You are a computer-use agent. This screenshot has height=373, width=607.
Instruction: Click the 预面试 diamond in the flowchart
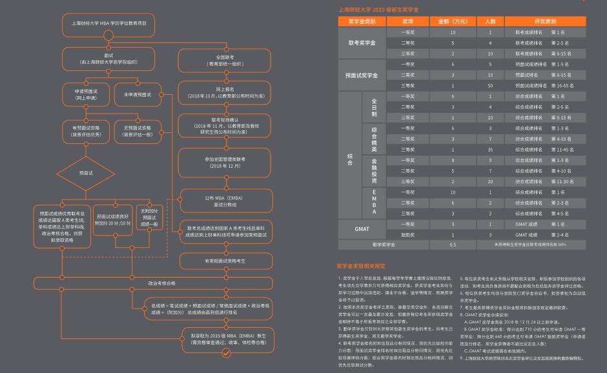coord(86,173)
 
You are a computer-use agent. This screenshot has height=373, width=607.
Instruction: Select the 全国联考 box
coord(224,60)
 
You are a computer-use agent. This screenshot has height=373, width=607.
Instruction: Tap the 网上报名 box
coord(224,92)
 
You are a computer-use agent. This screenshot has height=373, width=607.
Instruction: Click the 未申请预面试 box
coord(137,94)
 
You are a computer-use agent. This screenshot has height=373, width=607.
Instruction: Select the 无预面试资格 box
coord(137,130)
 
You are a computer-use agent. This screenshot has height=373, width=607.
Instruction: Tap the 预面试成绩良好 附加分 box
coord(113,220)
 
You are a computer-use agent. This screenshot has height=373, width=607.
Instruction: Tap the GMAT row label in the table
coord(362,229)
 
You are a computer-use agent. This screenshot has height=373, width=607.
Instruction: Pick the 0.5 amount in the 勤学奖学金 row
coord(453,245)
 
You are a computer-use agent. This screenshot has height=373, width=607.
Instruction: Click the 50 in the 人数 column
coord(490,85)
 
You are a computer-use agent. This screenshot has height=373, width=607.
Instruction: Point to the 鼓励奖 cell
coord(408,235)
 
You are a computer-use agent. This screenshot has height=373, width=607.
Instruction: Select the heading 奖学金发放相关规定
coord(361,265)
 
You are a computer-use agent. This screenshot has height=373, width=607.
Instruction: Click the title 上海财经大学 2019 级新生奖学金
coord(378,10)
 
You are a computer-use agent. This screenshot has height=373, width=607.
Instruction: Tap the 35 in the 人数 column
coord(490,149)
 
